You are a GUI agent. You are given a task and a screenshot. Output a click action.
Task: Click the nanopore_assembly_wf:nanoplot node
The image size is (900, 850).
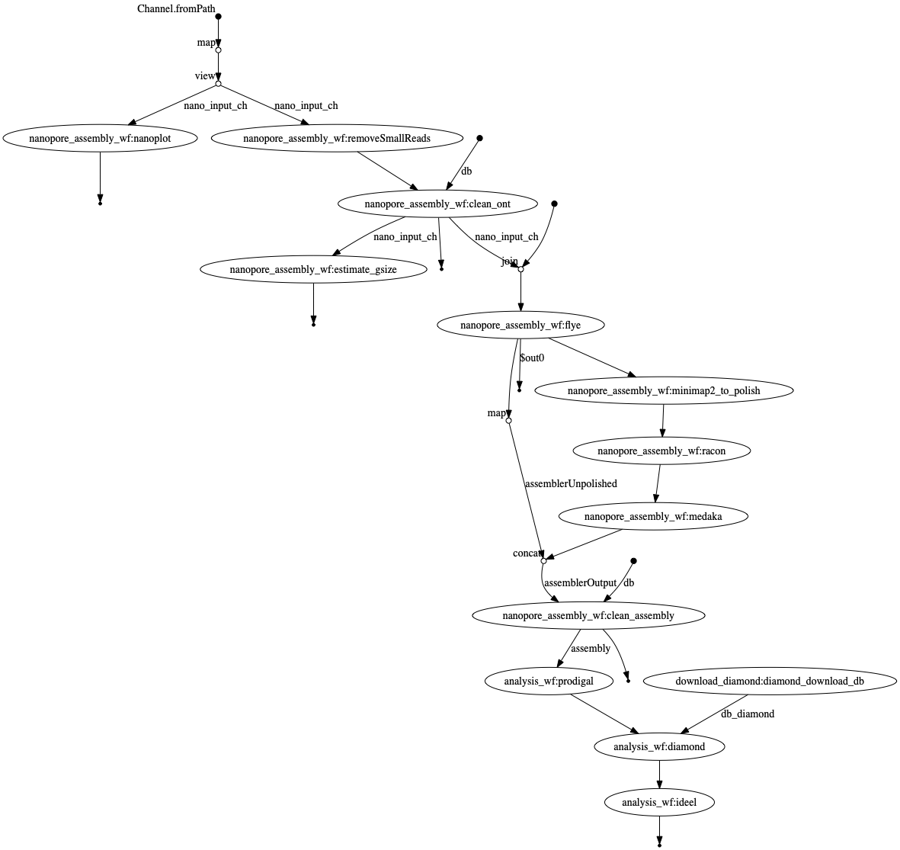click(x=100, y=139)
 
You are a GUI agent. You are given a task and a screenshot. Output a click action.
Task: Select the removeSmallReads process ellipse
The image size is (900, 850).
click(x=337, y=139)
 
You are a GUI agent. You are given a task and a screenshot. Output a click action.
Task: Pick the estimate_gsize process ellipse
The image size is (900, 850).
click(x=313, y=270)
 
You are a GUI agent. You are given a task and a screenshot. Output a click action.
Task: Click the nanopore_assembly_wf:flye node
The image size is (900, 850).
click(x=520, y=326)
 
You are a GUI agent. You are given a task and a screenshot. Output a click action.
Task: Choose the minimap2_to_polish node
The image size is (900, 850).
click(x=664, y=391)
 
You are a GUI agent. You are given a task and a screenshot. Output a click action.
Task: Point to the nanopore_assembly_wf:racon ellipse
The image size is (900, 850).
click(x=661, y=451)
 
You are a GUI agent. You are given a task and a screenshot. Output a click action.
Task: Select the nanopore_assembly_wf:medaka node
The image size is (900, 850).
click(x=653, y=517)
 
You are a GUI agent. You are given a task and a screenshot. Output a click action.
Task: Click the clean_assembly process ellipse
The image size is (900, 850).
click(x=588, y=616)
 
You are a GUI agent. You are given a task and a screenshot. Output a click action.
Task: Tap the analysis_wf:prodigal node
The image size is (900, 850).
click(x=549, y=682)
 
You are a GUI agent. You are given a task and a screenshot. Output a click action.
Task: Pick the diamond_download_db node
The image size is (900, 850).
click(x=770, y=682)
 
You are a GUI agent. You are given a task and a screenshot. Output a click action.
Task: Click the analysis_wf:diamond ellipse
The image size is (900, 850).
click(x=659, y=747)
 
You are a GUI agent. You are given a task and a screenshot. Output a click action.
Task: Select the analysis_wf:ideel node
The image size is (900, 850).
click(x=659, y=803)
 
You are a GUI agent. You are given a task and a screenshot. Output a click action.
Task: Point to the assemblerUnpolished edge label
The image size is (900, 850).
click(x=571, y=483)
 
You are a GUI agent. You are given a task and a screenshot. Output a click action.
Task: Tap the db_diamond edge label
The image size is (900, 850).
click(x=747, y=714)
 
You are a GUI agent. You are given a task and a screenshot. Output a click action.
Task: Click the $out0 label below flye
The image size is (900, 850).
click(x=532, y=358)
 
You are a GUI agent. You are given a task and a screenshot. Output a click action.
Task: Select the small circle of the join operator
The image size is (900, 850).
click(x=520, y=269)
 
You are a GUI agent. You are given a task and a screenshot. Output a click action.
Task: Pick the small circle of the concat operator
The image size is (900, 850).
click(x=543, y=561)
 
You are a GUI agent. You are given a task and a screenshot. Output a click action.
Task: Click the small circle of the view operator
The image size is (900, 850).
click(x=218, y=84)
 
